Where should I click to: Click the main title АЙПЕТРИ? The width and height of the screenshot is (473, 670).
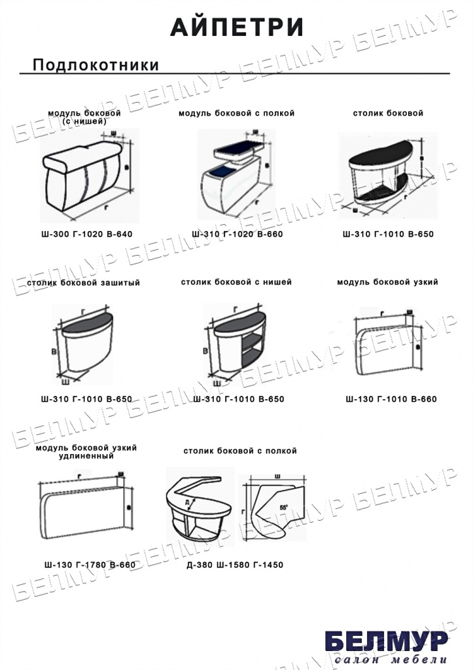(237, 27)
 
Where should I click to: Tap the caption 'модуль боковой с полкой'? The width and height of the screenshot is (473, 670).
(237, 113)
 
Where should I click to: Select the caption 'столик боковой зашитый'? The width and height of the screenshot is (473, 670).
(84, 283)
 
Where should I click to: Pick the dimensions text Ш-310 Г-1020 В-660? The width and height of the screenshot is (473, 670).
(237, 234)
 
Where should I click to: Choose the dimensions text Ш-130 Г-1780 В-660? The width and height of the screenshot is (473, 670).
(90, 565)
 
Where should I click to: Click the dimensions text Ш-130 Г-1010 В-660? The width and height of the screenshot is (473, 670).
(391, 398)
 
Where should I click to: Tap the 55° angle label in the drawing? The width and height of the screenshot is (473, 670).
(283, 507)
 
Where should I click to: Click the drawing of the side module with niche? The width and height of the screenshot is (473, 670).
(85, 173)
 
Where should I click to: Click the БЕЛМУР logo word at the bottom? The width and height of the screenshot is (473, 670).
(386, 641)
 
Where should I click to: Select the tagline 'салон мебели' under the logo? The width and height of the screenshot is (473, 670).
(391, 660)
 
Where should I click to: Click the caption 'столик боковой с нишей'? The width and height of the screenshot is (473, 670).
(237, 283)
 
